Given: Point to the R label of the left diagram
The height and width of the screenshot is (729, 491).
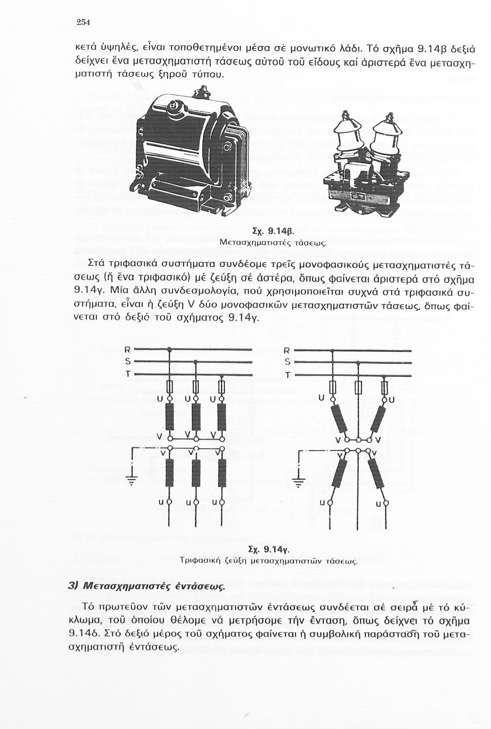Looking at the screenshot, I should (127, 349).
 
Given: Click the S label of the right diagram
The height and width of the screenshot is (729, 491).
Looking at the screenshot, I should (287, 362).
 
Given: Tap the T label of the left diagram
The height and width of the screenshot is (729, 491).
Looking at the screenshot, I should (127, 374).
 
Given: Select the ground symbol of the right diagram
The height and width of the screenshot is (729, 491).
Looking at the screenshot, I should (300, 481).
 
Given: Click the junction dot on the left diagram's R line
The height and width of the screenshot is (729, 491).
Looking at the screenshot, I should (169, 349).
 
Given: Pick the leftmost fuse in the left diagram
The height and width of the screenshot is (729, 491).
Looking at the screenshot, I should (169, 387).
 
